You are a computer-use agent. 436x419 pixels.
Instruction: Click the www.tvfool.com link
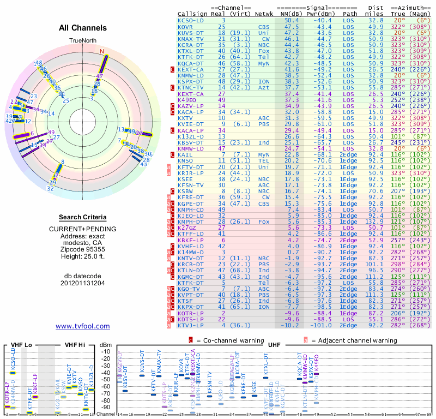(83, 326)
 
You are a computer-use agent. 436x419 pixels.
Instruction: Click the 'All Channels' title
(83, 28)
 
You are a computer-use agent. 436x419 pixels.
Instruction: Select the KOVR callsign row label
(185, 26)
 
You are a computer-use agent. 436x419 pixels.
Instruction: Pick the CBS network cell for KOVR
(264, 26)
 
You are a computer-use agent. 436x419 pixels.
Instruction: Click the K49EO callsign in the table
(189, 100)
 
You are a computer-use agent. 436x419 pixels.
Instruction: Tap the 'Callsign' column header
(192, 14)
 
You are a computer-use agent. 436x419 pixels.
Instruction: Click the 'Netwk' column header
(264, 14)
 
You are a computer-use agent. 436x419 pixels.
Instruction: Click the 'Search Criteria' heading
(83, 217)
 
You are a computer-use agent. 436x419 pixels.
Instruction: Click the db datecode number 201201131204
(83, 283)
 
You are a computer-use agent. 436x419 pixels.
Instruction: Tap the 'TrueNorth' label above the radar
(83, 40)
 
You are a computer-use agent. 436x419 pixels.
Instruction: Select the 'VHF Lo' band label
(20, 345)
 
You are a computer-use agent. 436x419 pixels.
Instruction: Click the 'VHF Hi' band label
(75, 345)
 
